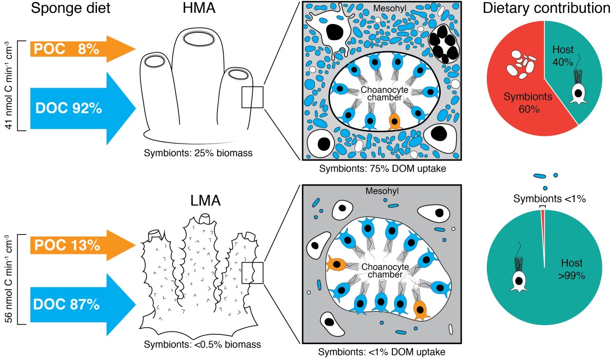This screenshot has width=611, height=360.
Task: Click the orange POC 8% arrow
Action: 77,49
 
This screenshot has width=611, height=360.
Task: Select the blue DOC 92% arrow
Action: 77,108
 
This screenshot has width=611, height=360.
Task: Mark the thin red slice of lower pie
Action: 543,221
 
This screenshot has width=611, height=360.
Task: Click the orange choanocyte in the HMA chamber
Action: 394,122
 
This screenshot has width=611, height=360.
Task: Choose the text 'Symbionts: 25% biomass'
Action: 200,153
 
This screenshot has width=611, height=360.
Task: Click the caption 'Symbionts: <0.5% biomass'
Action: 203,344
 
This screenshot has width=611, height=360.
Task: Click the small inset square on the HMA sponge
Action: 252,97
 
